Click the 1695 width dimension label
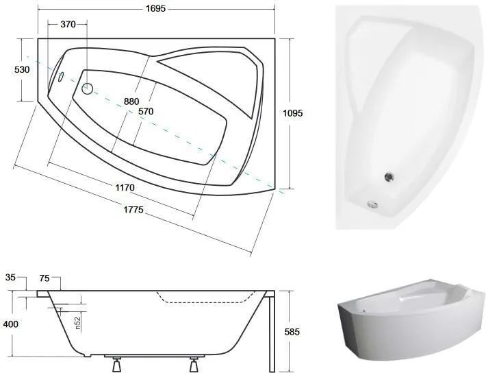[x=155, y=8]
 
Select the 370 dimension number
[x=68, y=24]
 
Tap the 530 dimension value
[x=22, y=69]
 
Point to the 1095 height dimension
[x=292, y=113]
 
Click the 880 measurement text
[x=131, y=101]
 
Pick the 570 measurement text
[x=146, y=111]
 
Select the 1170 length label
[x=125, y=188]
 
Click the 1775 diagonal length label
[x=133, y=210]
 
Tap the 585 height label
[x=292, y=332]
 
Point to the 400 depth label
[x=10, y=324]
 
